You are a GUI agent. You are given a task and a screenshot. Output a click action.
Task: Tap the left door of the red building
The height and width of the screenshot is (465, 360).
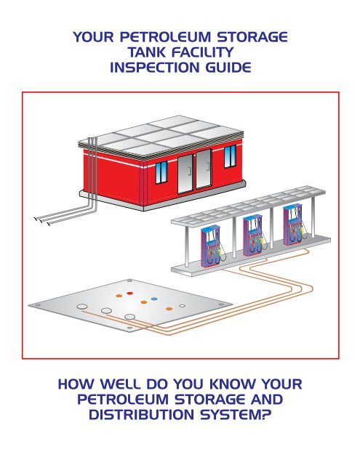[185, 175]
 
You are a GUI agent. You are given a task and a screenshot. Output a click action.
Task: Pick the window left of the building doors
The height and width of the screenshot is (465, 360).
[141, 170]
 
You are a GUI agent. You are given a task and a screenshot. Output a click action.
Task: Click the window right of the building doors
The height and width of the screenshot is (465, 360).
[231, 155]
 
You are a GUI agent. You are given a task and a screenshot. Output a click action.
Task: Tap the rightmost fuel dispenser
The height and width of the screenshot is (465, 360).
[295, 230]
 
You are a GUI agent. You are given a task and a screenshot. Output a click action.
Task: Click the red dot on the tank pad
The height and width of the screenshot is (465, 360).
[129, 293]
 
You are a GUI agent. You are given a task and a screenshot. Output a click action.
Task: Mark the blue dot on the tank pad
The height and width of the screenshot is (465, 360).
[154, 296]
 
